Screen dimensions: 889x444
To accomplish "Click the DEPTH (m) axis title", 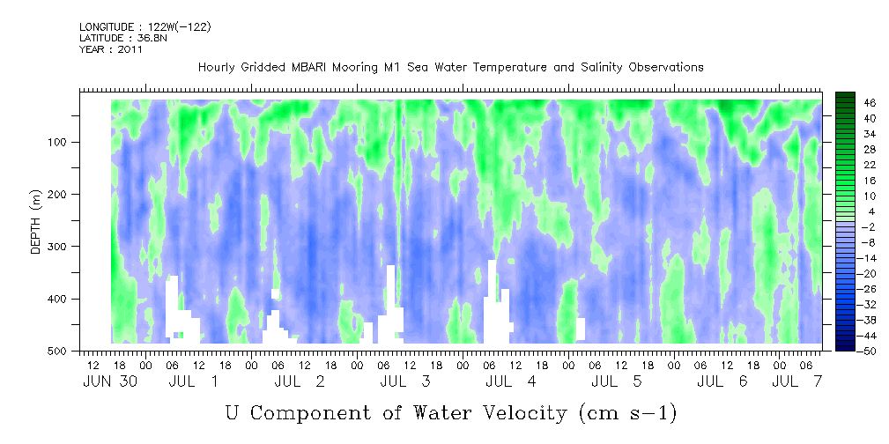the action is click(36, 223).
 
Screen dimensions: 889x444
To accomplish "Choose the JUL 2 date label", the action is click(299, 381).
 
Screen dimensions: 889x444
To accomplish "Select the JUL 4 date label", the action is click(510, 381).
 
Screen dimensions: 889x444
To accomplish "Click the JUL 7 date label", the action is click(796, 381).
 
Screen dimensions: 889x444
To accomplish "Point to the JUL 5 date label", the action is click(616, 381).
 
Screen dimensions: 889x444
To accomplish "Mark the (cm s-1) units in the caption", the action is click(627, 413).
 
